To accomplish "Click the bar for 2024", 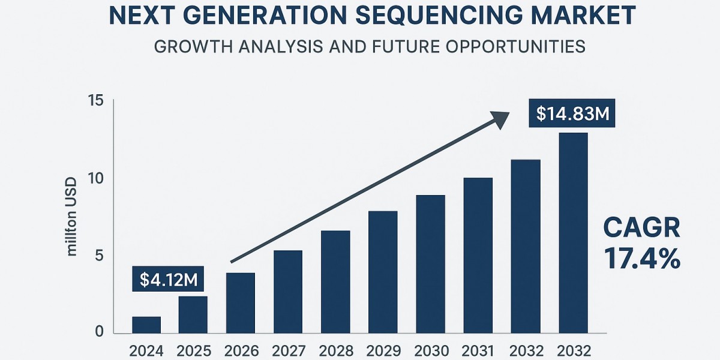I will pyautogui.click(x=146, y=325).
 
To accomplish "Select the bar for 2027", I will pyautogui.click(x=288, y=292).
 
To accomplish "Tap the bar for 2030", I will pyautogui.click(x=430, y=264).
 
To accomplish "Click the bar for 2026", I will pyautogui.click(x=241, y=303).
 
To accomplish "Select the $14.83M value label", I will pyautogui.click(x=572, y=114).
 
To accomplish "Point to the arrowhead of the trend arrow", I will pyautogui.click(x=501, y=118).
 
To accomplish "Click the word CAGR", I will pyautogui.click(x=641, y=229).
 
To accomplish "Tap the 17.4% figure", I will pyautogui.click(x=641, y=259).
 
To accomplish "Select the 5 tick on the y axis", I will pyautogui.click(x=100, y=256).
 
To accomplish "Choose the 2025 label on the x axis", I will pyautogui.click(x=193, y=350).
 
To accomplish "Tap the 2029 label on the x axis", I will pyautogui.click(x=383, y=350).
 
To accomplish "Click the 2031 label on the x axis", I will pyautogui.click(x=478, y=350).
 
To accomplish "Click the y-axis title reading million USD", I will pyautogui.click(x=72, y=217).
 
